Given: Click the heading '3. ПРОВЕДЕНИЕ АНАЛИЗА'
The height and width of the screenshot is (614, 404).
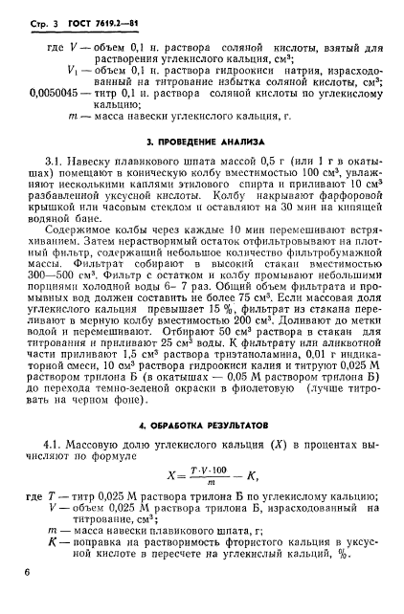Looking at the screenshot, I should point(202,142).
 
